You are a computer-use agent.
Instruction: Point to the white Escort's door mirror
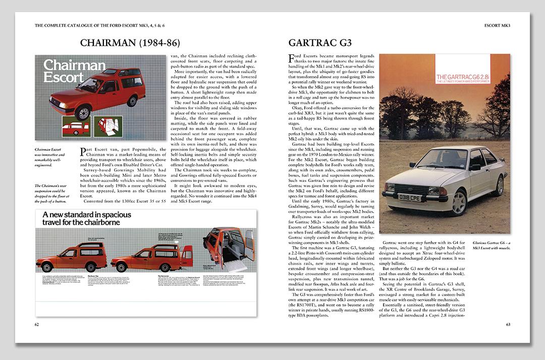tap(475, 167)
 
